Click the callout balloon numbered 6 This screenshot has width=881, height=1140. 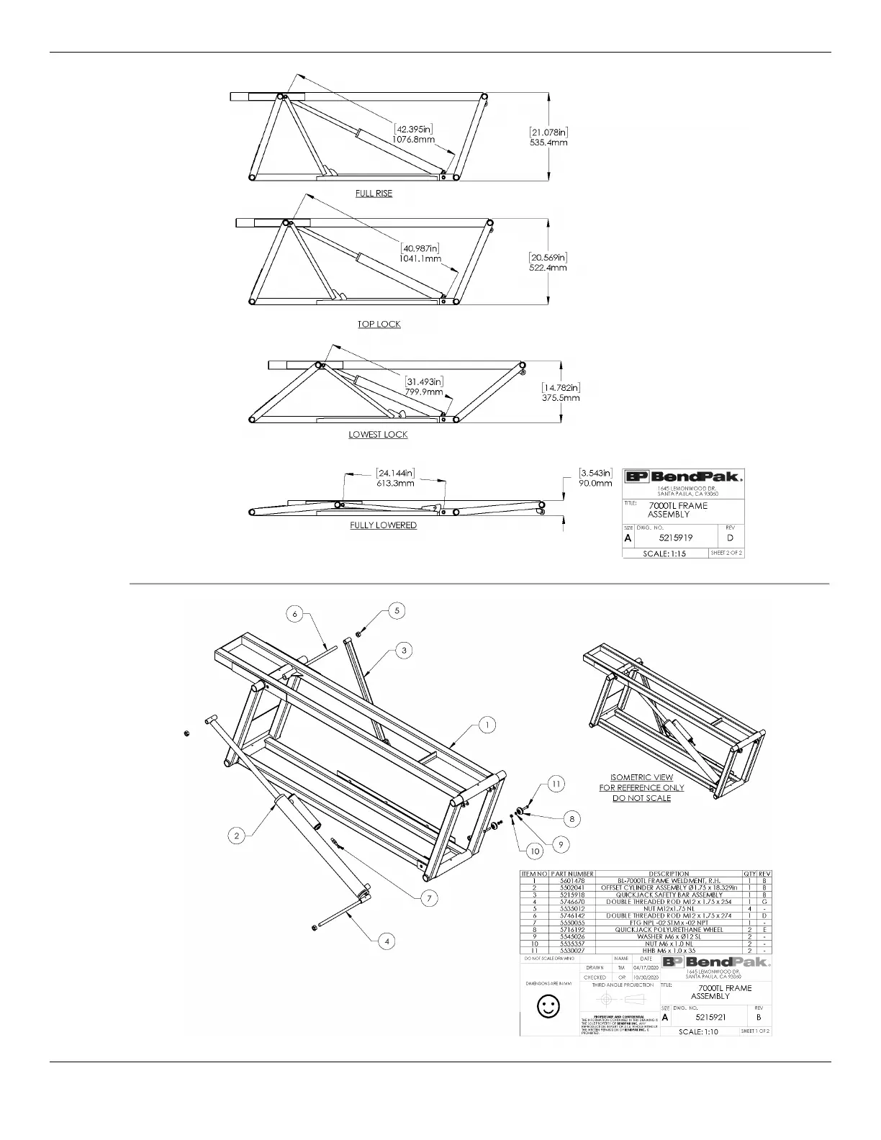pyautogui.click(x=294, y=614)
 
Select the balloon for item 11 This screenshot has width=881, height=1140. pyautogui.click(x=556, y=784)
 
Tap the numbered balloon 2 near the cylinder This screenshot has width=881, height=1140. pyautogui.click(x=237, y=836)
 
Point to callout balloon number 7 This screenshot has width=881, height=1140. pyautogui.click(x=430, y=898)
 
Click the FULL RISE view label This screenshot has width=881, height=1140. pyautogui.click(x=374, y=194)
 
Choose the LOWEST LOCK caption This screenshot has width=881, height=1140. pyautogui.click(x=378, y=435)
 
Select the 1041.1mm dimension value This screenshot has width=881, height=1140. pyautogui.click(x=420, y=258)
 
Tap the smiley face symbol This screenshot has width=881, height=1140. pyautogui.click(x=549, y=1006)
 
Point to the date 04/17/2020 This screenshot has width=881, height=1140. pyautogui.click(x=646, y=967)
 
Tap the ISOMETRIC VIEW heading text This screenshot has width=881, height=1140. pyautogui.click(x=641, y=777)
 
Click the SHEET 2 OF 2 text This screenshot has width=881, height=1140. pyautogui.click(x=726, y=553)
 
